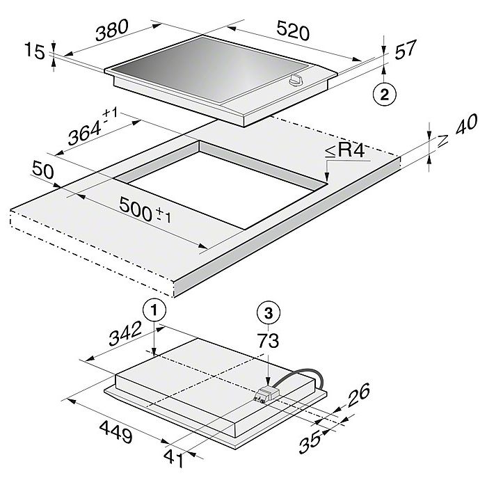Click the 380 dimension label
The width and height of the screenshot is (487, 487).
[x=111, y=30]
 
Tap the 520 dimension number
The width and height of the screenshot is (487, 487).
[x=293, y=30]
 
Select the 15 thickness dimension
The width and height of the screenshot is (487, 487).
[x=35, y=51]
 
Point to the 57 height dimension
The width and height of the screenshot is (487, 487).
[x=405, y=49]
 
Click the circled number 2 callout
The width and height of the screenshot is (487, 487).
[x=385, y=94]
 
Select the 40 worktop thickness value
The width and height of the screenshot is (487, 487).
[x=466, y=125]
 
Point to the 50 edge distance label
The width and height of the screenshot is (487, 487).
[x=43, y=170]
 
